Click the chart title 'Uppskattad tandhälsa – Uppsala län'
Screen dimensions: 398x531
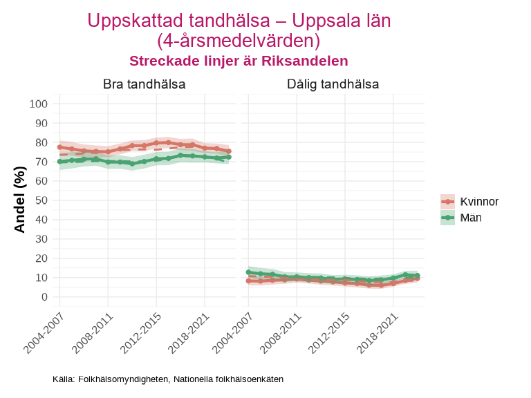point(239,21)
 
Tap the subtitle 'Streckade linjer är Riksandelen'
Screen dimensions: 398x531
point(239,61)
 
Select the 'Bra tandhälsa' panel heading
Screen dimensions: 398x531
point(144,84)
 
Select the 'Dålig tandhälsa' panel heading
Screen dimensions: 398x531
point(333,84)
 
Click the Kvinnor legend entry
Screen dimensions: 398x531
point(469,202)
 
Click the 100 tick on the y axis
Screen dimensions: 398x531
point(39,104)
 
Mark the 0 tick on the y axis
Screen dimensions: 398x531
point(44,297)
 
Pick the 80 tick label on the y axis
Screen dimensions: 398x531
point(41,142)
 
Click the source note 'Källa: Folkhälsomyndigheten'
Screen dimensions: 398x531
point(168,379)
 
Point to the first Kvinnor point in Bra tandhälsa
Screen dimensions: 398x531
point(59,147)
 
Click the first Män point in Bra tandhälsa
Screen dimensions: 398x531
point(59,162)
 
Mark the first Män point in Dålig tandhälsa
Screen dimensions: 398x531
point(248,272)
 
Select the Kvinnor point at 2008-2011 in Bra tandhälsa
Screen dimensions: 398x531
point(108,151)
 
